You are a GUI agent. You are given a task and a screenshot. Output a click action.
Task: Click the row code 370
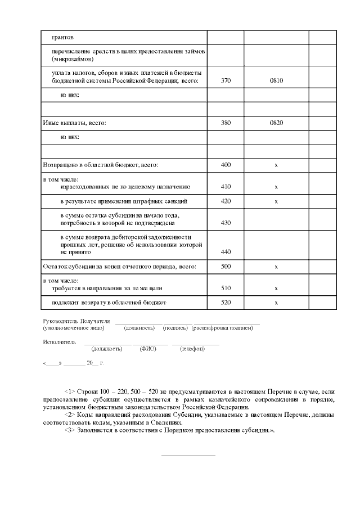click(226, 80)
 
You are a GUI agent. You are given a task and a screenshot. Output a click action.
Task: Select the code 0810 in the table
click(276, 80)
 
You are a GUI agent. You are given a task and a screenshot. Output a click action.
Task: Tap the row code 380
click(226, 122)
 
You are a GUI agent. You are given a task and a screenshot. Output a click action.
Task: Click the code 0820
click(276, 122)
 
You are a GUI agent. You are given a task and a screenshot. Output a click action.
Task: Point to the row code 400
click(226, 165)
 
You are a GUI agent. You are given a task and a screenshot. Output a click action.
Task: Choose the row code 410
click(226, 186)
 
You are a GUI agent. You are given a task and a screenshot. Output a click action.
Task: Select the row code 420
click(226, 201)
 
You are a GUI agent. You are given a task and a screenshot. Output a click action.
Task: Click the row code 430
click(226, 223)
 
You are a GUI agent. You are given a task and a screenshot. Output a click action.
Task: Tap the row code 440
click(226, 253)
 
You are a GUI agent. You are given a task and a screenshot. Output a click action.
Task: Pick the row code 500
click(226, 267)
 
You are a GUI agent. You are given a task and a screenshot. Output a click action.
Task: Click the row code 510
click(226, 288)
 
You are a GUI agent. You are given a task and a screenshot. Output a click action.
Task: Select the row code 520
click(226, 303)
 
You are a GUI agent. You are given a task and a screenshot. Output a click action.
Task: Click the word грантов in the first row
click(62, 37)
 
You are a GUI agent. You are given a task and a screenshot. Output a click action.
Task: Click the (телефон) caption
click(192, 349)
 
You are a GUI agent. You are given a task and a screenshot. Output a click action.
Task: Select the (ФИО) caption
click(147, 349)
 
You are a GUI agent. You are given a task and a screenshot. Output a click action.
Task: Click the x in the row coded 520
click(276, 303)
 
